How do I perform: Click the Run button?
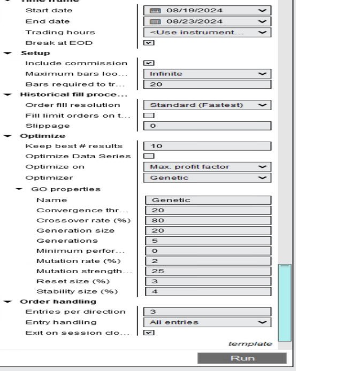coord(242,358)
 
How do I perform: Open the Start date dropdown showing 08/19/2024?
coord(207,10)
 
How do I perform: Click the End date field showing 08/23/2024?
coord(207,21)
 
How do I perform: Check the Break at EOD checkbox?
coord(149,43)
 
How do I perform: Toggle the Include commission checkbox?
coord(149,63)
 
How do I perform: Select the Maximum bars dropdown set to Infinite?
coord(207,74)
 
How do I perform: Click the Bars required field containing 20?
coord(207,84)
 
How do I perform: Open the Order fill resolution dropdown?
coord(207,105)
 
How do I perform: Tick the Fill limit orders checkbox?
coord(149,115)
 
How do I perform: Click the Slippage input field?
coord(207,126)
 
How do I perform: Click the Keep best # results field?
coord(207,146)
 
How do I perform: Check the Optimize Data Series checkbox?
coord(149,156)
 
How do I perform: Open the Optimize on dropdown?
coord(207,167)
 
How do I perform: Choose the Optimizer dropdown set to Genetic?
coord(207,177)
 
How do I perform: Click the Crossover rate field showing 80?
coord(208,220)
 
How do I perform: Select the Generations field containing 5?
coord(208,241)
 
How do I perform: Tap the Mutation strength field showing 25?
coord(208,271)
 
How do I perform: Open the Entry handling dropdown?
coord(207,322)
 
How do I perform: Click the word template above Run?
coord(250,344)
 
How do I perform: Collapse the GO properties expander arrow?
coord(19,189)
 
